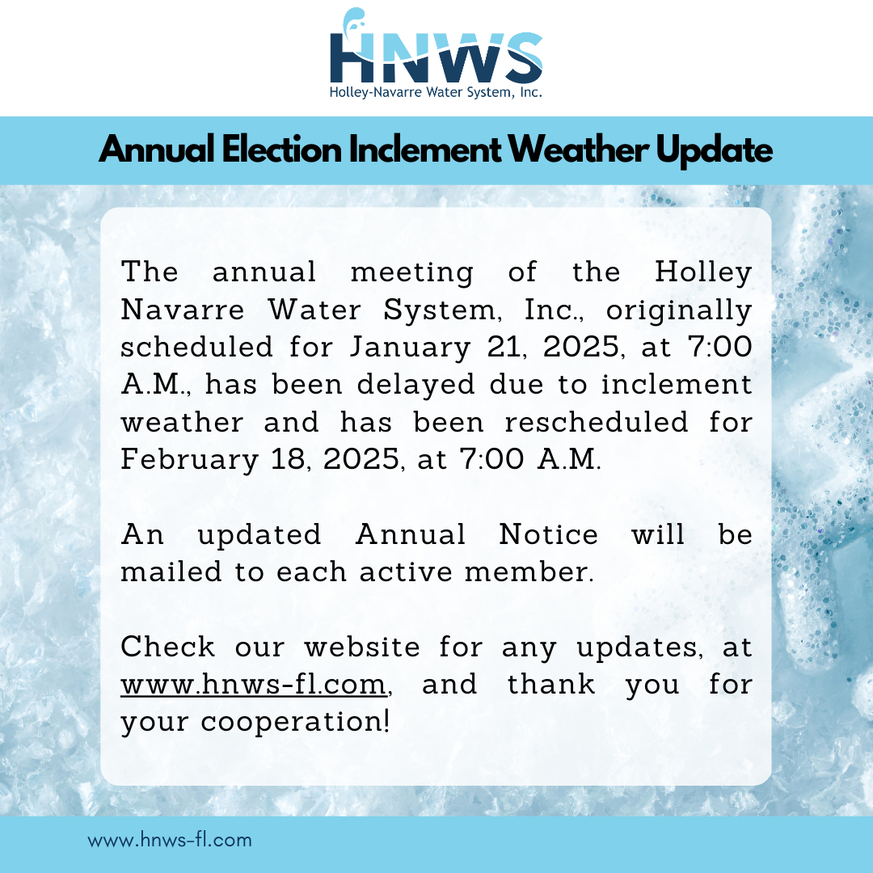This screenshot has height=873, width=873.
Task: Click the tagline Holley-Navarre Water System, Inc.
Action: click(436, 92)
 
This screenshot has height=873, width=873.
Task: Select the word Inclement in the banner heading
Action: click(425, 150)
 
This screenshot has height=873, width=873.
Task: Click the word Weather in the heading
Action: click(579, 150)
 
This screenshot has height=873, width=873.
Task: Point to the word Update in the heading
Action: click(714, 151)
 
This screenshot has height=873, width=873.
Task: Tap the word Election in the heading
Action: click(282, 150)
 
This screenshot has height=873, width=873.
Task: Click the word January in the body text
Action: click(411, 348)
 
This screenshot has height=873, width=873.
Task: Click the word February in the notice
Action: click(190, 461)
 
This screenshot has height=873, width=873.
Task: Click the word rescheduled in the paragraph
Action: click(596, 422)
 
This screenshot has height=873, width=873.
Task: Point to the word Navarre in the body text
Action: click(183, 310)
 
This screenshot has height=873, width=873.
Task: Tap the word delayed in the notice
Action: click(416, 386)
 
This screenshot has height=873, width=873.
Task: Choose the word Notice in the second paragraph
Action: click(548, 534)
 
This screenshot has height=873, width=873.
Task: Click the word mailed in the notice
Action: click(171, 571)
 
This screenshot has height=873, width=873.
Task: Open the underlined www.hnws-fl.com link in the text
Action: click(253, 685)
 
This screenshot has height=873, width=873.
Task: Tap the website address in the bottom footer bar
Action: click(170, 840)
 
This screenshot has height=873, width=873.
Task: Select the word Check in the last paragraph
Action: click(167, 647)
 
